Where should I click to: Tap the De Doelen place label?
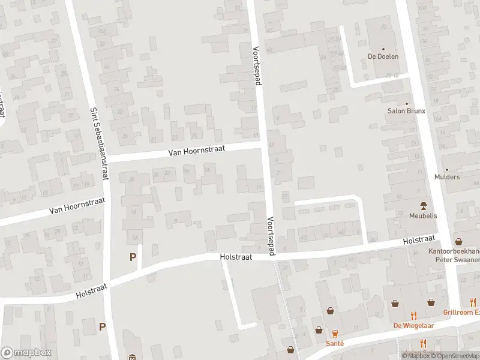point(383,57)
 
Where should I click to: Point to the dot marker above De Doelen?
point(383,49)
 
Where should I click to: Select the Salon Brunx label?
point(406,111)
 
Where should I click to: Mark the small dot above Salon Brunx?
point(406,103)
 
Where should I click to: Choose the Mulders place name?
point(447,177)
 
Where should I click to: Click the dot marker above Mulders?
point(447,169)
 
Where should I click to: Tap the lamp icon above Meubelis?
point(424,205)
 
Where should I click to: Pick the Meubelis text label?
point(424,215)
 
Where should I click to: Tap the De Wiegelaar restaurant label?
point(413,326)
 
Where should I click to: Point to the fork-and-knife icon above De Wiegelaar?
point(413,315)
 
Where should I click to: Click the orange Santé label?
point(335,343)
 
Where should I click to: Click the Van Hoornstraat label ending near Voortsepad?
point(196,152)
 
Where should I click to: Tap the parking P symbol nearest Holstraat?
point(133,257)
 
